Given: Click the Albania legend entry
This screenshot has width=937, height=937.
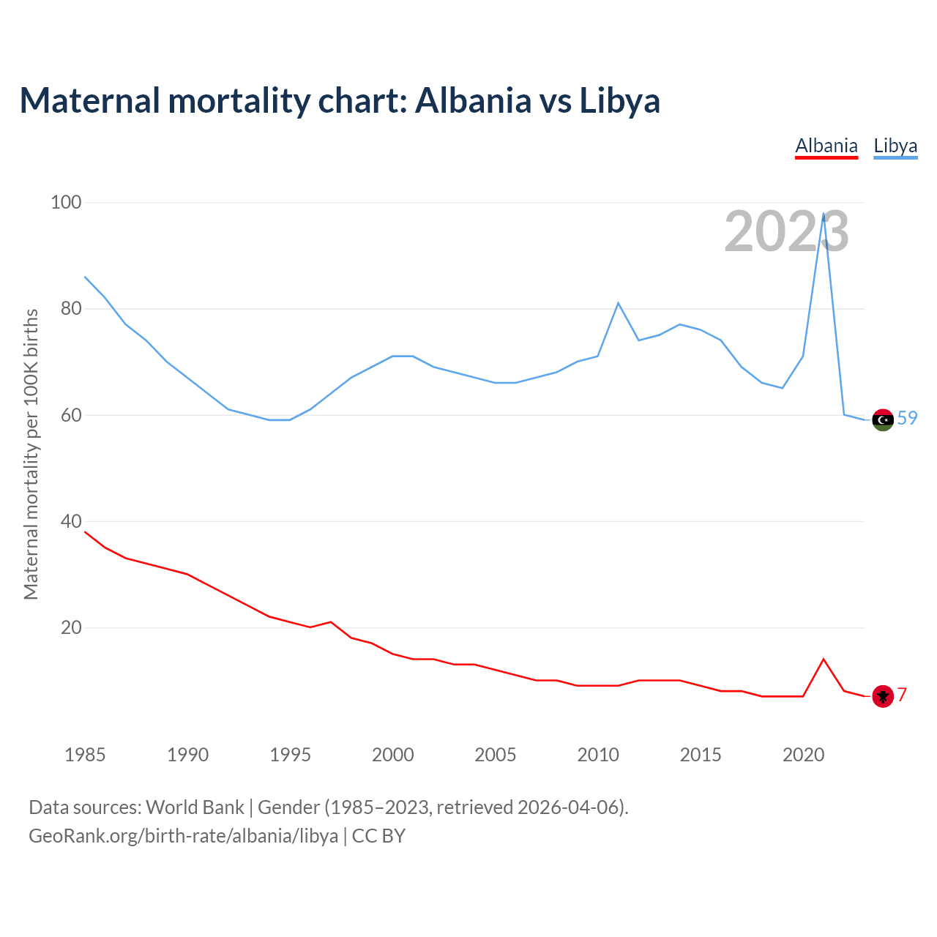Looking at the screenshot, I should pos(826,146).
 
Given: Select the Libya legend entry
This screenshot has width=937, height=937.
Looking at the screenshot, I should pos(895,146).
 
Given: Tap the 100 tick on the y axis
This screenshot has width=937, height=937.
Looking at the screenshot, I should pos(66,202).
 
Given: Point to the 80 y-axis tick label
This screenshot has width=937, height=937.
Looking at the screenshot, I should pos(71,308).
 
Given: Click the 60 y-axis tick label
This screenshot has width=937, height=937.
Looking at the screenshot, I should pos(71,415).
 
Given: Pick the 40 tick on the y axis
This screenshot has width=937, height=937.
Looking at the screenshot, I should pos(71,521).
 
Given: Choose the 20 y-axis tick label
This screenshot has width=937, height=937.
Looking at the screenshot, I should pos(71,627).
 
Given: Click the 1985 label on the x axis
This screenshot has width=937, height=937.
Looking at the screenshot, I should pos(85,755).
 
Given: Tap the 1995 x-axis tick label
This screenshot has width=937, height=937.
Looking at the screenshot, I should pos(290,755).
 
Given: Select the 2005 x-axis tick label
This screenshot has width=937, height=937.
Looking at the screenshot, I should pos(495,755).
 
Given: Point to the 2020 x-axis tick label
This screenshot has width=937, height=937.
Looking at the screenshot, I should pos(803,755).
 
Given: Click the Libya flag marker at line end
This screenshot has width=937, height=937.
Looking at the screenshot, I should pos(883,419).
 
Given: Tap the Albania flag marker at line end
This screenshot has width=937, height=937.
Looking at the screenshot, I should pos(883,696).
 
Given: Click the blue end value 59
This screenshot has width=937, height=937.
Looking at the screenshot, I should pos(907,418).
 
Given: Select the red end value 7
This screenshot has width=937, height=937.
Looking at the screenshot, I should pos(903,695).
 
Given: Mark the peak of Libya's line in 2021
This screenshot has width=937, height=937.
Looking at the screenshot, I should pos(824,214).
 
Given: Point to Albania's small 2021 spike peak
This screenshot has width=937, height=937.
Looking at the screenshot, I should pos(824,660).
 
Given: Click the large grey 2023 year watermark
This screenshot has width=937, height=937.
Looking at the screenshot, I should pos(786,231).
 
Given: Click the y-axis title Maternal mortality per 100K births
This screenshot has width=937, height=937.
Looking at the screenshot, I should pos(31,454).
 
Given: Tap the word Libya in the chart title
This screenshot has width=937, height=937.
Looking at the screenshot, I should pos(619,100).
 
